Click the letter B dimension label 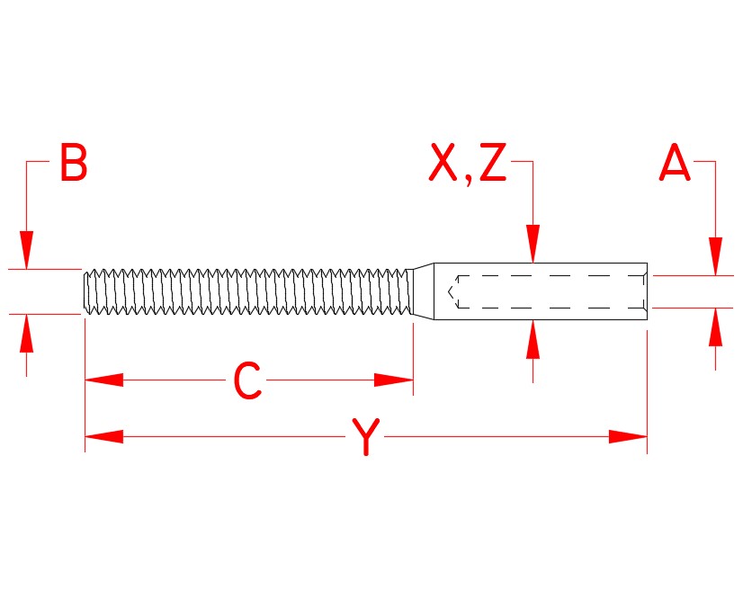tap(74, 164)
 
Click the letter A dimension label tap(675, 164)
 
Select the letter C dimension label tap(247, 381)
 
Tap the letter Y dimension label tap(365, 438)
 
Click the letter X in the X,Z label tap(443, 164)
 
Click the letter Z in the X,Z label tap(492, 164)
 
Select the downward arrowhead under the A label tap(716, 256)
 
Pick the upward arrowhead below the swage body tap(533, 339)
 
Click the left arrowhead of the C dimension tap(103, 380)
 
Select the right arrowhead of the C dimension tap(393, 380)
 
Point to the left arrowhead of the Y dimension tap(103, 437)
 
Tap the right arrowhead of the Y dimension tap(628, 437)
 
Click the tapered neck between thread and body tap(423, 291)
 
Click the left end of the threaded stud tap(85, 291)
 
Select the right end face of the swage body tap(647, 291)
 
